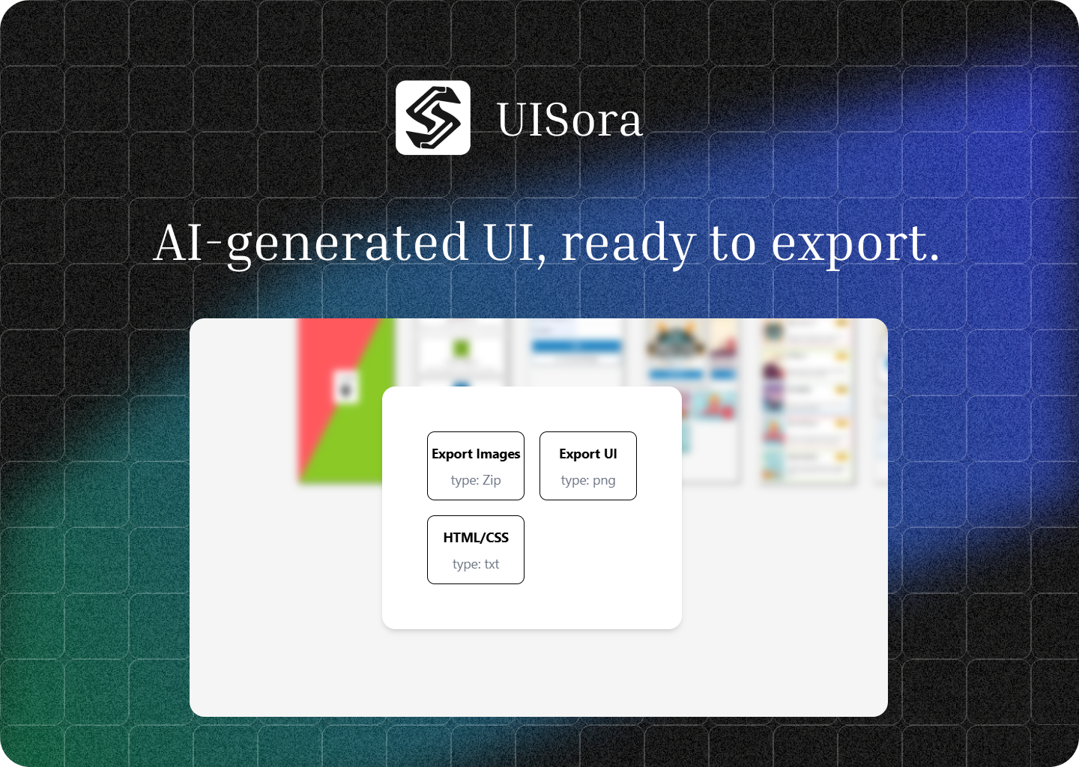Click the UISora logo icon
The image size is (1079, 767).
click(433, 118)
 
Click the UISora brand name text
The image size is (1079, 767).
click(569, 120)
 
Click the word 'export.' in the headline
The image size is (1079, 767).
click(855, 243)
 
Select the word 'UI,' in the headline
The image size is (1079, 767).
click(515, 243)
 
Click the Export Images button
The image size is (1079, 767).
click(476, 466)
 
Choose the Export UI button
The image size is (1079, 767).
click(588, 466)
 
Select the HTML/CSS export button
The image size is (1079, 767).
click(476, 550)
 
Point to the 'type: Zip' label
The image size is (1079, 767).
click(476, 480)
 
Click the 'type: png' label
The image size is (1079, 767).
click(588, 480)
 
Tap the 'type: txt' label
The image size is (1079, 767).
click(476, 564)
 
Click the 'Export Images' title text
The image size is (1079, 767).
click(476, 454)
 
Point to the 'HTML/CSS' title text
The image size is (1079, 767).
click(476, 538)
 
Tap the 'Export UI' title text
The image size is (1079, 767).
click(588, 454)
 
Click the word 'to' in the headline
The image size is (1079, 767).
click(732, 243)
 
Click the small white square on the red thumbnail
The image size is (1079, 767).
click(345, 386)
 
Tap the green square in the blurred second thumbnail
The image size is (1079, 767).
click(461, 348)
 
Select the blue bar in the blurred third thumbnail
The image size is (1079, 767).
click(576, 346)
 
